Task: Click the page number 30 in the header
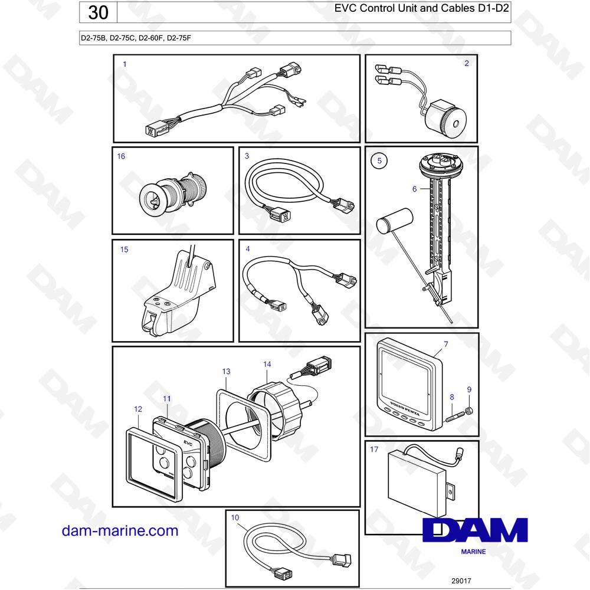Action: click(98, 12)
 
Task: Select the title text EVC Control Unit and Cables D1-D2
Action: click(421, 8)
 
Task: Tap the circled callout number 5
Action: click(379, 160)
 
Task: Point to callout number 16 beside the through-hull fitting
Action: click(121, 156)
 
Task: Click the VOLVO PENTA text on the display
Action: click(405, 408)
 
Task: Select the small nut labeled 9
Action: click(469, 410)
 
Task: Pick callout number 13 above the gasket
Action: click(226, 371)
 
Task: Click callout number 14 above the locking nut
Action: click(267, 364)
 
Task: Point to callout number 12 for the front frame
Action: click(138, 409)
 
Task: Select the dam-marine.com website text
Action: click(120, 530)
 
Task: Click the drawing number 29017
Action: click(461, 581)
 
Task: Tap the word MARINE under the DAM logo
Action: click(473, 552)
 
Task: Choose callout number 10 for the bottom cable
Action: click(235, 517)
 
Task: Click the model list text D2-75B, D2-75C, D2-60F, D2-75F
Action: click(136, 38)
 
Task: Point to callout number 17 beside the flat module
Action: click(373, 449)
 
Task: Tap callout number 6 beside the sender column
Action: click(414, 189)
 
